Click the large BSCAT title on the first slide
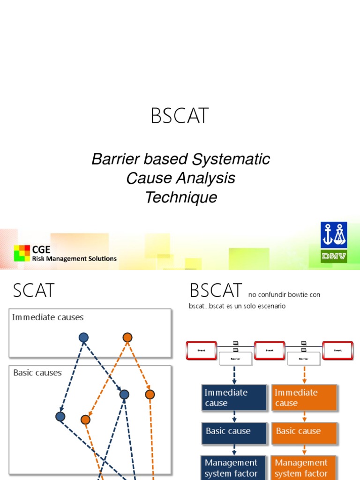180,116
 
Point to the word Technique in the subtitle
181,197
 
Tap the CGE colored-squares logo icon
22,253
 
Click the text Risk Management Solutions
74,258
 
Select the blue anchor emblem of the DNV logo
334,235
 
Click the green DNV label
334,256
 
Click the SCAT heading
34,291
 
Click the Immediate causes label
48,317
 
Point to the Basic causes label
37,373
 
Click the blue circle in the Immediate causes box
83,337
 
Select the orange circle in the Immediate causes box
127,337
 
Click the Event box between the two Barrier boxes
270,350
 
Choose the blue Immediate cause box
234,397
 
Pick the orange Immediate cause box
304,397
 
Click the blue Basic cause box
234,431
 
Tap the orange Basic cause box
304,431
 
